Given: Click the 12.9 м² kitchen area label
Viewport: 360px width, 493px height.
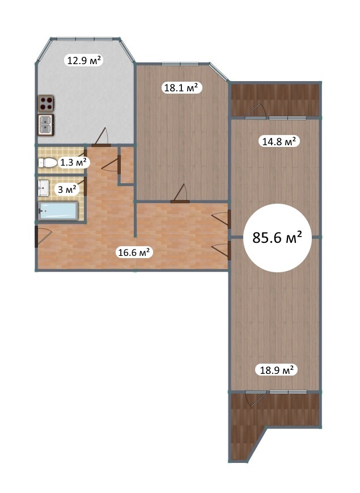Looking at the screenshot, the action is pyautogui.click(x=84, y=60).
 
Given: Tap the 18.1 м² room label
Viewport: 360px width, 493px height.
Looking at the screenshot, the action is pyautogui.click(x=181, y=87).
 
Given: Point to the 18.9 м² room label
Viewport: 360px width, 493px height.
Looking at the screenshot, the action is pyautogui.click(x=277, y=369).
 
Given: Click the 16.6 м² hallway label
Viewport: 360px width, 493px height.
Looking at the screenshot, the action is pyautogui.click(x=134, y=252).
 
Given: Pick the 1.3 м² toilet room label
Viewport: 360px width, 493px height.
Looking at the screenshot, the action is pyautogui.click(x=74, y=162).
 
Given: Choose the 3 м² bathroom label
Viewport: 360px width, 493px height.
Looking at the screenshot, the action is pyautogui.click(x=67, y=189).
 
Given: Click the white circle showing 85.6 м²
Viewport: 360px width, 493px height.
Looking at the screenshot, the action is pyautogui.click(x=277, y=238).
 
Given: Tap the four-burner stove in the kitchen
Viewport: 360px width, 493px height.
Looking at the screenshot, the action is pyautogui.click(x=46, y=103).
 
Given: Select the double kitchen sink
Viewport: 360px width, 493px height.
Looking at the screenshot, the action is pyautogui.click(x=46, y=125).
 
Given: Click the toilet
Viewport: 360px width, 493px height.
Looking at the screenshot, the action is pyautogui.click(x=48, y=163).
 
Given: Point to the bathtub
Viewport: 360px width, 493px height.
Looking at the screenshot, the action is pyautogui.click(x=58, y=210).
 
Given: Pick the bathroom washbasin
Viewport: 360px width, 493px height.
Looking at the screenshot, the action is pyautogui.click(x=43, y=188).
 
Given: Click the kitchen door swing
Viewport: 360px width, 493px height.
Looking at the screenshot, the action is pyautogui.click(x=101, y=137).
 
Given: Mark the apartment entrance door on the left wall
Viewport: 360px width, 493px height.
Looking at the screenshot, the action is pyautogui.click(x=43, y=236).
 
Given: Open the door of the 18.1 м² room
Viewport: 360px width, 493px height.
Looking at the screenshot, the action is pyautogui.click(x=180, y=193).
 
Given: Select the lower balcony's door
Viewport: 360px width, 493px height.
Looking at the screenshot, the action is pyautogui.click(x=256, y=399).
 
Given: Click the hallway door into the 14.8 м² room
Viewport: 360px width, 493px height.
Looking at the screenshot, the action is pyautogui.click(x=222, y=219).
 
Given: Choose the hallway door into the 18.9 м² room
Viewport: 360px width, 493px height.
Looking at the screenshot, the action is pyautogui.click(x=222, y=250).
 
